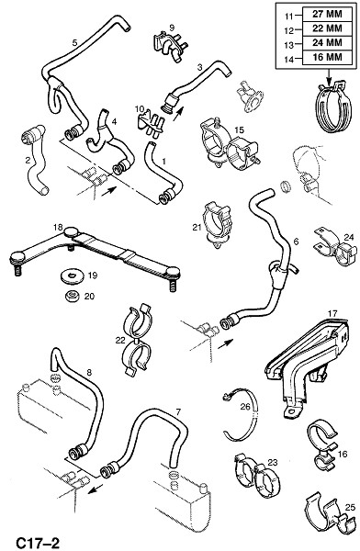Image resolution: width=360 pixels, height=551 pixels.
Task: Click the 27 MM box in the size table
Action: [x=327, y=15]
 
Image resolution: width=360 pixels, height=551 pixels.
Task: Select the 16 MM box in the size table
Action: [x=327, y=57]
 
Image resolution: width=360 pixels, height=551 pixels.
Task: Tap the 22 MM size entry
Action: [x=327, y=28]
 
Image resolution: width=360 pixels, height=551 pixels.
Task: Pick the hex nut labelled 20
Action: [x=72, y=296]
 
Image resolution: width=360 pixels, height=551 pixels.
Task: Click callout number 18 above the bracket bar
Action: [x=58, y=227]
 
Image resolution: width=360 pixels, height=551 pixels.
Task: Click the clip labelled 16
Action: [x=322, y=444]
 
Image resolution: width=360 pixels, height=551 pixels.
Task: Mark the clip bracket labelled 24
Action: [x=334, y=247]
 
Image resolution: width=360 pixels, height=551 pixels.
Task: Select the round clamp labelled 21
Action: [x=217, y=224]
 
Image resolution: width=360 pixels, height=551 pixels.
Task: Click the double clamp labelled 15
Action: [x=229, y=145]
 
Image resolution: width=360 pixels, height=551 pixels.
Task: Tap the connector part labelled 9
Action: [x=170, y=46]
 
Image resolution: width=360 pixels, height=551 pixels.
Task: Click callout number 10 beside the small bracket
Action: [x=140, y=109]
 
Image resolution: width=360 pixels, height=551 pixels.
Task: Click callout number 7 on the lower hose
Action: [x=178, y=411]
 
